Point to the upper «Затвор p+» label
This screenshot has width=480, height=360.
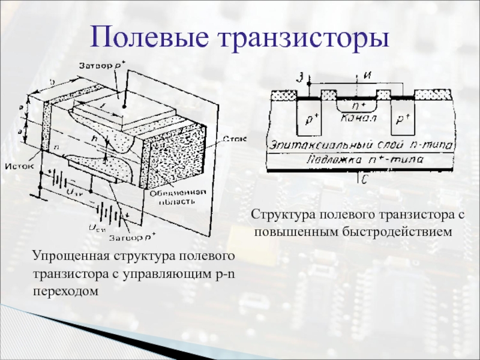(x=101, y=64)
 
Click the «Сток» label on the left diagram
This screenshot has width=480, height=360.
(x=234, y=139)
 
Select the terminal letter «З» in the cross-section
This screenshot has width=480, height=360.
(x=301, y=76)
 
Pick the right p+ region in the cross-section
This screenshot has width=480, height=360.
(x=401, y=119)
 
